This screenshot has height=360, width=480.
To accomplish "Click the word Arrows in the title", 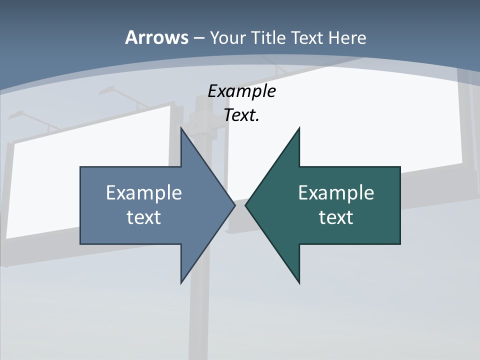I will [156, 37].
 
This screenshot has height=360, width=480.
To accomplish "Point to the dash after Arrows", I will [199, 38].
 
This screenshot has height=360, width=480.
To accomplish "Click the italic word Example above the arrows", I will [241, 91].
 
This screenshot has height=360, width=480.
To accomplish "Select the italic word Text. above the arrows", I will [241, 115].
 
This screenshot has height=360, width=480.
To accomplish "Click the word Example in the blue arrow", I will [144, 193].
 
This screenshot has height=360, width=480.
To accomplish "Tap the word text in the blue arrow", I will [144, 217].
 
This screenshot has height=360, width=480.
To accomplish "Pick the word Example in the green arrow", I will [336, 193].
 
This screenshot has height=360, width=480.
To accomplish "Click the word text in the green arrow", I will [336, 217].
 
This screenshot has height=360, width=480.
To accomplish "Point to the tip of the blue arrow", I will [234, 205].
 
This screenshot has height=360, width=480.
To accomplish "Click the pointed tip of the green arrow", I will [246, 205].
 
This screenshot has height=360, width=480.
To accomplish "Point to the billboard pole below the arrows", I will [199, 315].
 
